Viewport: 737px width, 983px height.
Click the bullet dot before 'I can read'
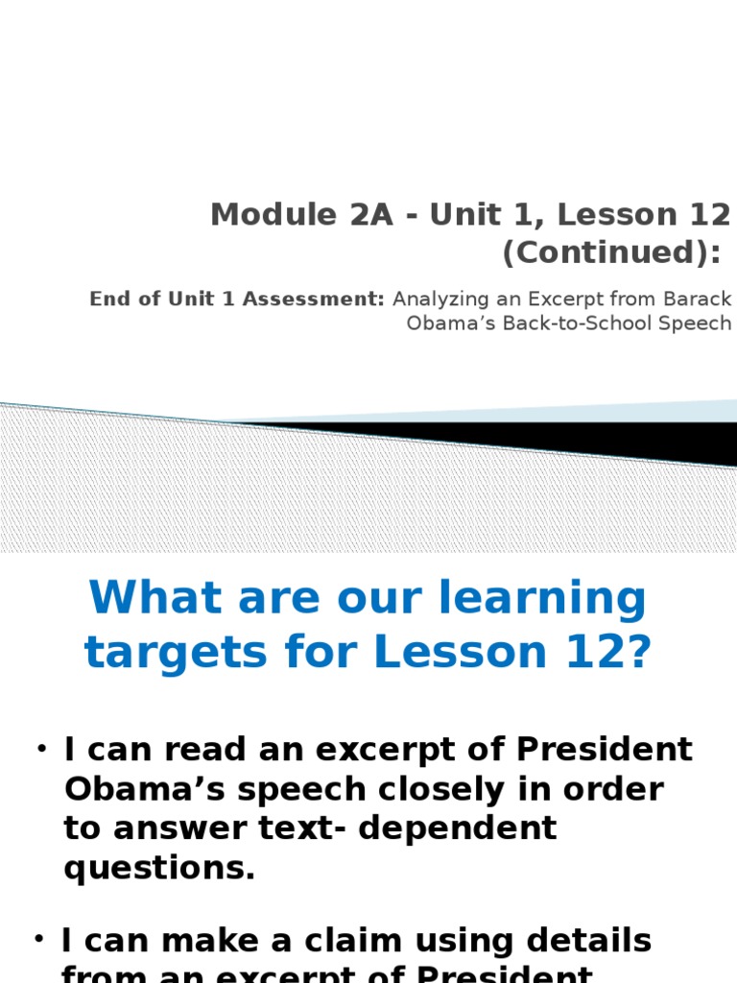[x=43, y=748]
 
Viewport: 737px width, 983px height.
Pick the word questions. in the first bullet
[x=159, y=868]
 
